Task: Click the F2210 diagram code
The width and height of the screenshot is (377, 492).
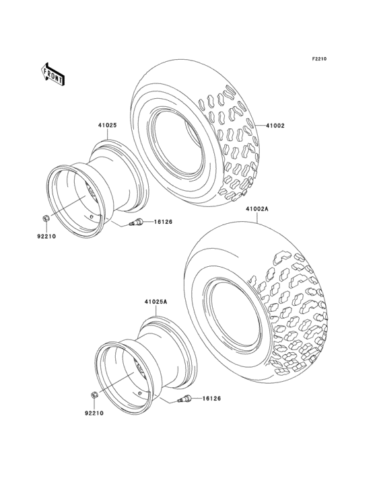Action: (318, 60)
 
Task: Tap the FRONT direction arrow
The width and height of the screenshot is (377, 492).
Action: (53, 73)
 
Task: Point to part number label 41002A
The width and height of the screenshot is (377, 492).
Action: (256, 209)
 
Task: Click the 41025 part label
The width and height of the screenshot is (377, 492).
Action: (108, 125)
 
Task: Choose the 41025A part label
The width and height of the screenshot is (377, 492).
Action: (155, 302)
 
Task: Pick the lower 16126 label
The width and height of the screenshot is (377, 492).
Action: (209, 399)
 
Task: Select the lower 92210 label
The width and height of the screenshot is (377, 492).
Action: (94, 413)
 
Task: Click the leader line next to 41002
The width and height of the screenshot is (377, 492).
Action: (259, 126)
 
